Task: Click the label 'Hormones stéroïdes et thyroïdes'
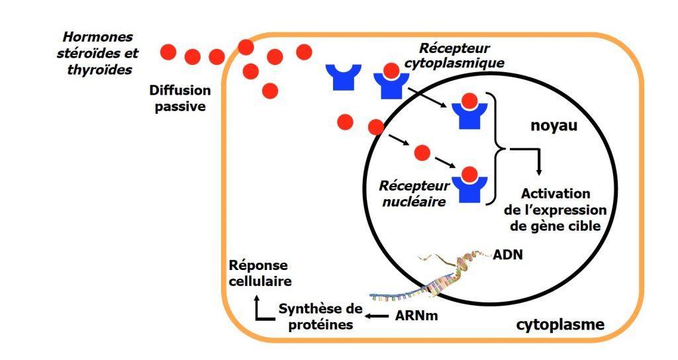point(98,53)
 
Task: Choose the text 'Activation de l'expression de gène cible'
point(555,210)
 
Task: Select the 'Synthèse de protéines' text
point(320,316)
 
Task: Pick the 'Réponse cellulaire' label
point(258,273)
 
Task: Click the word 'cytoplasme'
point(559,324)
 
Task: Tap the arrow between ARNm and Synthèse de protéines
point(377,316)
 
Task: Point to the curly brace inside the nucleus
point(495,150)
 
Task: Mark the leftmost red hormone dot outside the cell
point(168,51)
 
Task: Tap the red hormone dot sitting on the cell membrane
point(246,47)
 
